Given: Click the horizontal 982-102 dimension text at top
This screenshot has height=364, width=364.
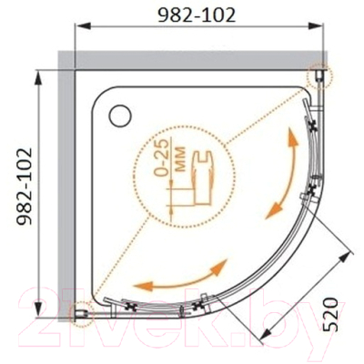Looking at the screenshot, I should [194, 16].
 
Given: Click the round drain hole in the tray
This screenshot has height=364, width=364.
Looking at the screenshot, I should [120, 115].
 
